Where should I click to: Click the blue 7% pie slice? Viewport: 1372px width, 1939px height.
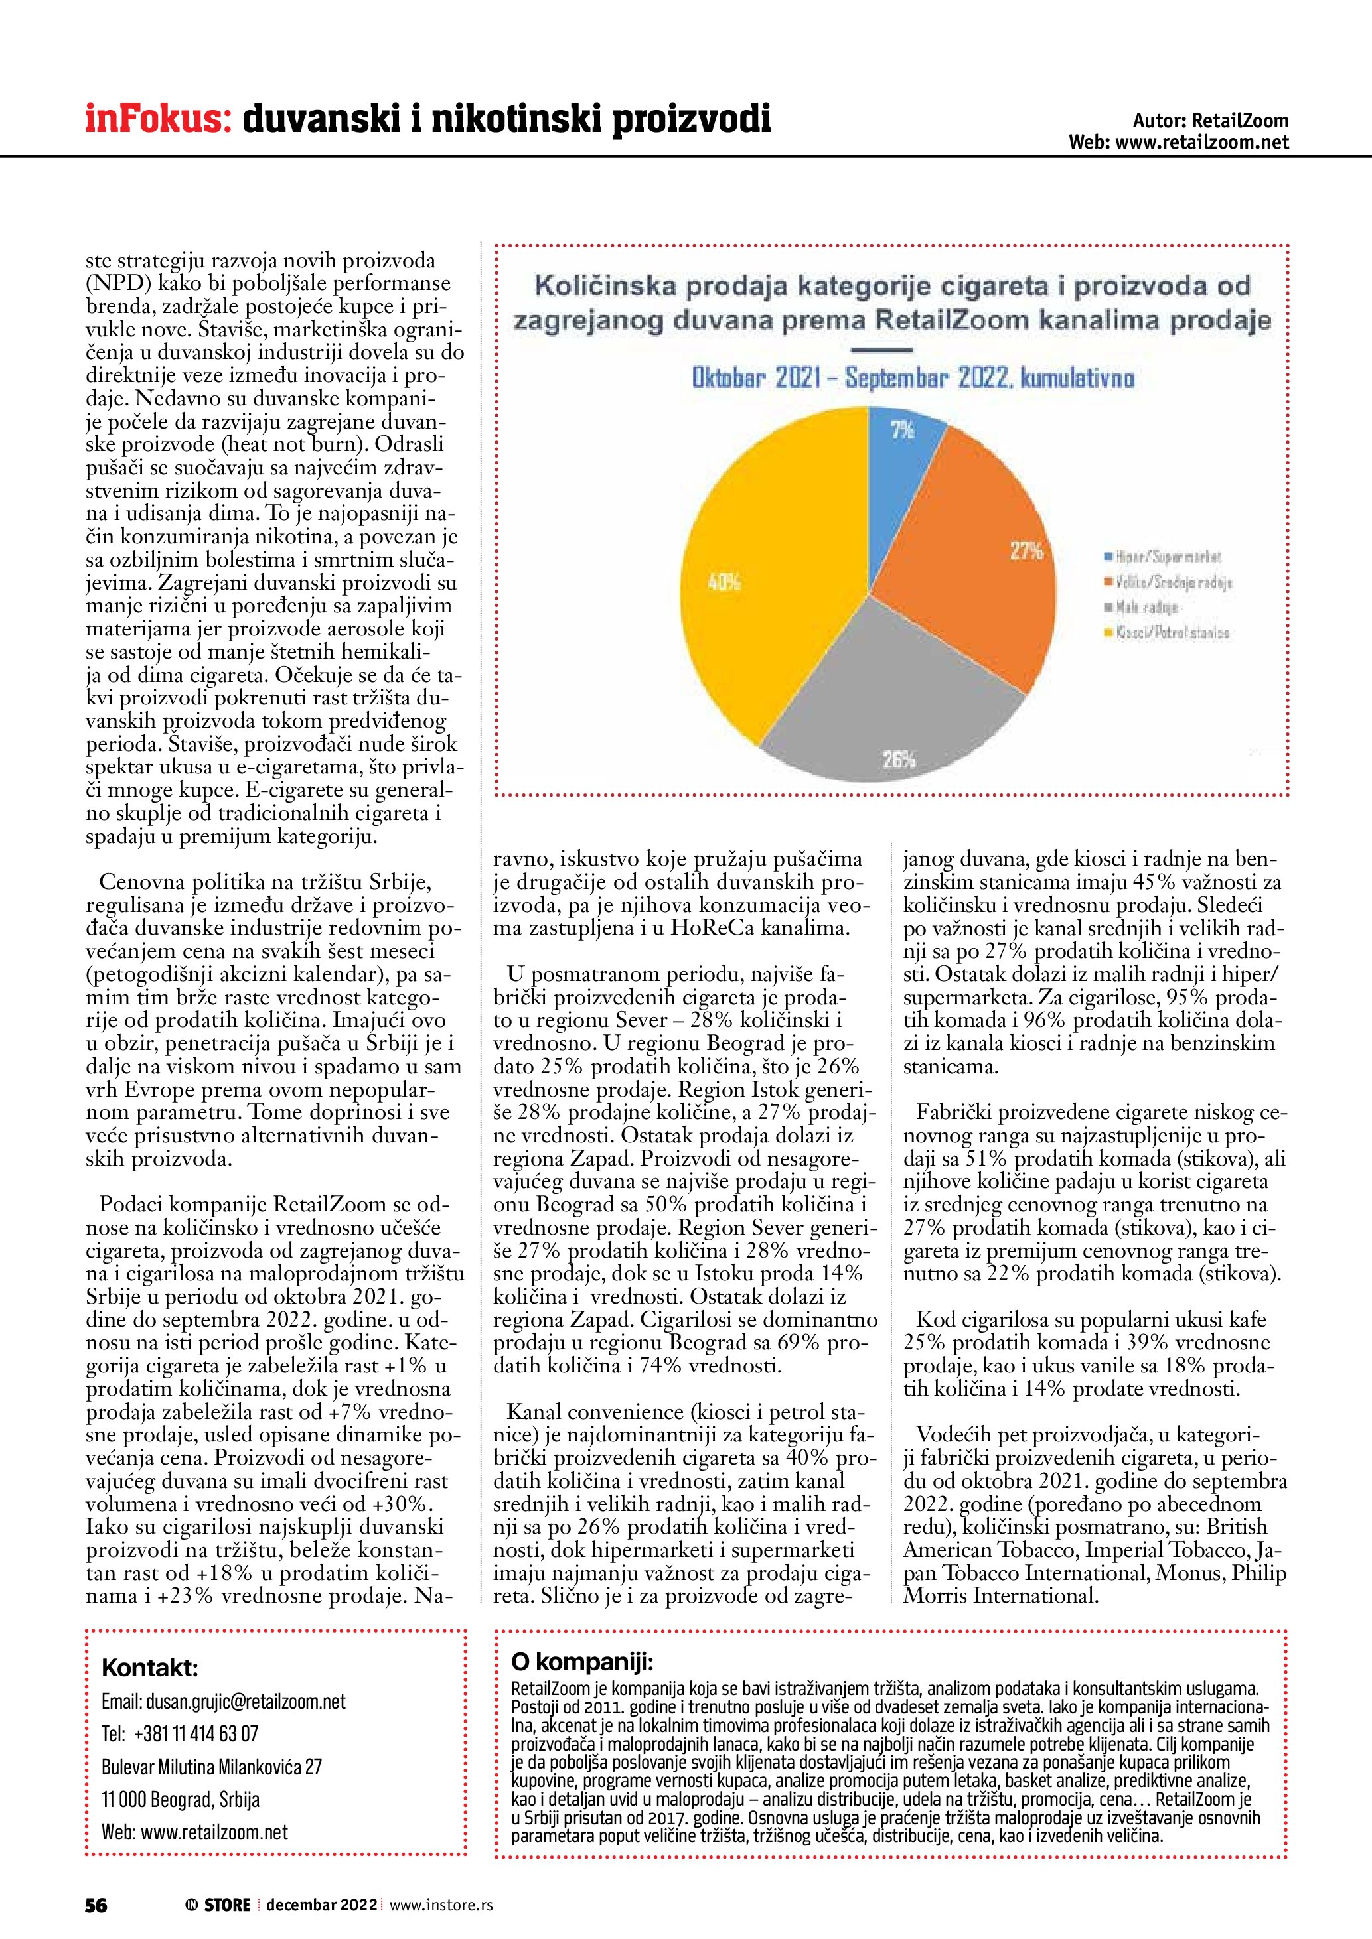tap(900, 473)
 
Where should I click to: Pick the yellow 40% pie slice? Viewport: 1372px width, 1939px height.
tap(761, 591)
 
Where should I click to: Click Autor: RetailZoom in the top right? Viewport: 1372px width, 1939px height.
tap(1211, 121)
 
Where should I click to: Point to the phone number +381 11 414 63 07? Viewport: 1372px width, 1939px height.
tap(195, 1734)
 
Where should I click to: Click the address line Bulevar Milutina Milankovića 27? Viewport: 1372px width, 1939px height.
tap(211, 1767)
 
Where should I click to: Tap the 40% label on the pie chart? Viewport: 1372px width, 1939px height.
tap(724, 582)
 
